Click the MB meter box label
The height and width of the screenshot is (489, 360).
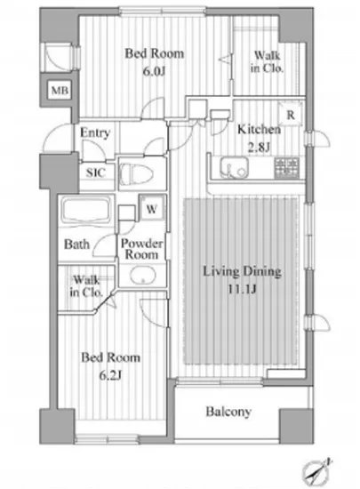[60, 91]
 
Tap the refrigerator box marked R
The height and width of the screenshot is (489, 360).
[291, 115]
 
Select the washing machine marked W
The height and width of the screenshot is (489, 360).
[151, 208]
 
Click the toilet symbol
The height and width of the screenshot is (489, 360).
[137, 173]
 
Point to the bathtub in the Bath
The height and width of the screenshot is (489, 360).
[86, 210]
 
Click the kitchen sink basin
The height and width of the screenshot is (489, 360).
[235, 168]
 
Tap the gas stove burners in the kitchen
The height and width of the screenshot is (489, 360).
[286, 168]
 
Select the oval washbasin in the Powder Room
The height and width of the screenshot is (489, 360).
[143, 276]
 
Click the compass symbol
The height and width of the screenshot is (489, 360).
[316, 471]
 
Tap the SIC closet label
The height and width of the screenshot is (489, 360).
[96, 172]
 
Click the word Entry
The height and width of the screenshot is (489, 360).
[95, 132]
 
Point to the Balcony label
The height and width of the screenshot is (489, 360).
[228, 412]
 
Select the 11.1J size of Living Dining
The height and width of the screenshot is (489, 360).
[242, 290]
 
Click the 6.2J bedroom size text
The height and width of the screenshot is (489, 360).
[110, 376]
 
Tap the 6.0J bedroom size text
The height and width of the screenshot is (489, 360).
[154, 72]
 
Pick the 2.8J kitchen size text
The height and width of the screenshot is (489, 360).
[259, 147]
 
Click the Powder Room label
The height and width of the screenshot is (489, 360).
[142, 249]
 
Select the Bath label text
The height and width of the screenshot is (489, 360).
[76, 244]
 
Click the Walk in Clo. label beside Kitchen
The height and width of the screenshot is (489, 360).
[268, 61]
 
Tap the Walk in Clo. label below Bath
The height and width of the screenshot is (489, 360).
[86, 286]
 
